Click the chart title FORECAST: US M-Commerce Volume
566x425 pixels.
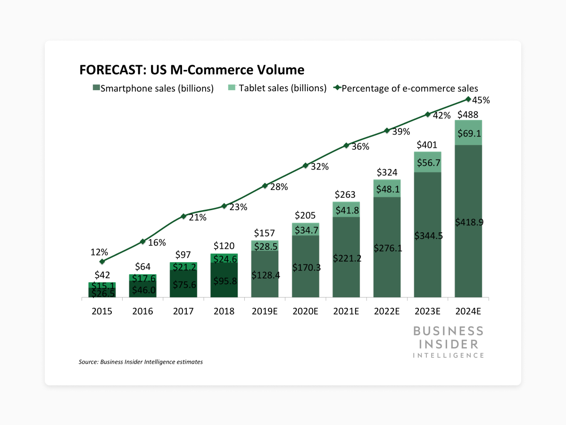191,70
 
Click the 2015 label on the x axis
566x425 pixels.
102,312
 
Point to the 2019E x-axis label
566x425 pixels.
265,312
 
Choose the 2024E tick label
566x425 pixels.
468,312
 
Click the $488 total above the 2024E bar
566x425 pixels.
468,115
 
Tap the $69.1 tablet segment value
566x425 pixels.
468,134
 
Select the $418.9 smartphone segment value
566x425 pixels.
468,222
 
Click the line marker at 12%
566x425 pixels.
102,261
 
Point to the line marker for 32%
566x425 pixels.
306,165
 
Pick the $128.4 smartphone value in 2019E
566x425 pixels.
265,275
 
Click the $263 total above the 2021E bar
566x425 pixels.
346,195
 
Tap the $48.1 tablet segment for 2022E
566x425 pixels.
387,188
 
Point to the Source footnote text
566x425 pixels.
141,362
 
